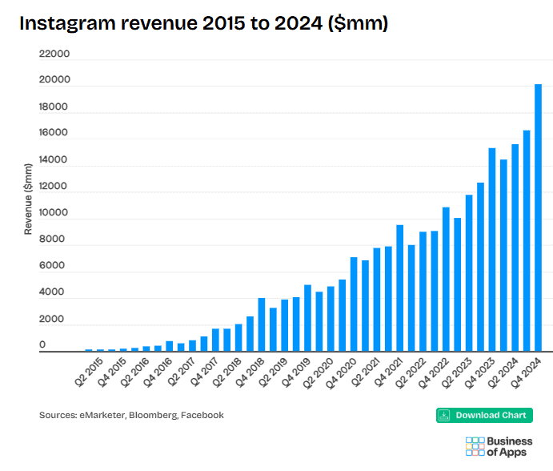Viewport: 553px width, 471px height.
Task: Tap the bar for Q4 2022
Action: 446,280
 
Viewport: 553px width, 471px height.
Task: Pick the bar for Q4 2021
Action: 399,288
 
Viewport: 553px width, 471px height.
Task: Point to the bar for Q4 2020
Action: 354,304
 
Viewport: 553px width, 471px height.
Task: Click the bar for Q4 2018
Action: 261,325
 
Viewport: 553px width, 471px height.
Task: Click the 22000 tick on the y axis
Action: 54,54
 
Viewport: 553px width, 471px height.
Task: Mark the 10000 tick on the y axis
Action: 54,214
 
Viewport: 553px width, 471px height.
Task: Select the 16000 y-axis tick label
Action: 54,134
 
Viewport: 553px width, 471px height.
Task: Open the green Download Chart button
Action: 484,415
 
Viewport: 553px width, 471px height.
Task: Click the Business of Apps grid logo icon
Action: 475,446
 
